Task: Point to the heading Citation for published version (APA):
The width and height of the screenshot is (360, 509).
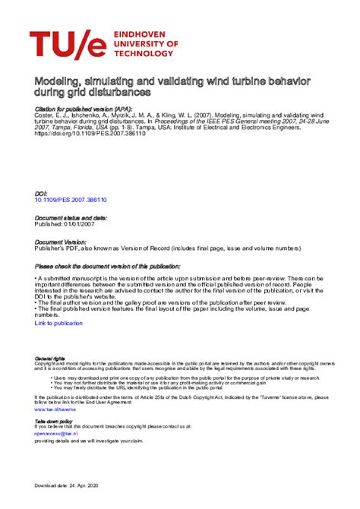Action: tap(84, 109)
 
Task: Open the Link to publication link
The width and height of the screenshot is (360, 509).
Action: tap(58, 323)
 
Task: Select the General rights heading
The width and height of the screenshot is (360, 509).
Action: tap(49, 358)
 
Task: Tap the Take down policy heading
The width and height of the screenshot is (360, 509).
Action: tap(54, 420)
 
